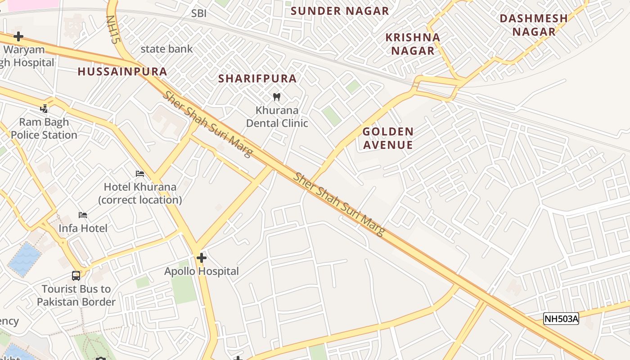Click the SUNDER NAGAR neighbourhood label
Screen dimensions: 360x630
[340, 11]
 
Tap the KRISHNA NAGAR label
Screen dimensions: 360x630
[413, 44]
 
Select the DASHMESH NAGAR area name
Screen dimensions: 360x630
[534, 25]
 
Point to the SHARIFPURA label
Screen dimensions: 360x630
[257, 79]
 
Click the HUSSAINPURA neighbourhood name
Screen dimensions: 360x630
[122, 72]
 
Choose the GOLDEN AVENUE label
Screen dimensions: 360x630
[387, 138]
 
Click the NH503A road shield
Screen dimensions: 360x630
[561, 319]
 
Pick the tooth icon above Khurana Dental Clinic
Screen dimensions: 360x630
[277, 97]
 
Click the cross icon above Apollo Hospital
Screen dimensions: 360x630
[202, 258]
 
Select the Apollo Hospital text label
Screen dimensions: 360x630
[202, 271]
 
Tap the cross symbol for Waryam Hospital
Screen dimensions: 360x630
[18, 36]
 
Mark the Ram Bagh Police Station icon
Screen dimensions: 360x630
[44, 108]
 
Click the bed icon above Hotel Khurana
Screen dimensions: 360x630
[140, 174]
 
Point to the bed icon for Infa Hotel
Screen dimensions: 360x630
[83, 215]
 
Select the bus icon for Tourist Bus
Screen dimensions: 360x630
[76, 275]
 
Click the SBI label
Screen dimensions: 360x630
[199, 13]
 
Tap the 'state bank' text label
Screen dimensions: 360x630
[166, 49]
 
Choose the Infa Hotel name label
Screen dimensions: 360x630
[83, 229]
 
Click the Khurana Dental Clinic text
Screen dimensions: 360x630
[277, 117]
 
